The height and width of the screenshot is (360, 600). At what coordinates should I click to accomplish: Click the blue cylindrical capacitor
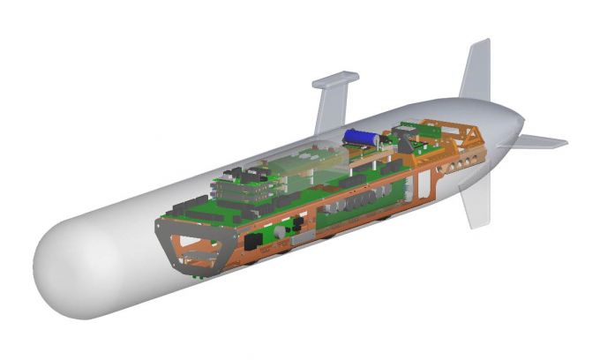(360, 137)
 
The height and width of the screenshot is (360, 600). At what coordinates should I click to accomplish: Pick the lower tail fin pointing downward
(476, 201)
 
